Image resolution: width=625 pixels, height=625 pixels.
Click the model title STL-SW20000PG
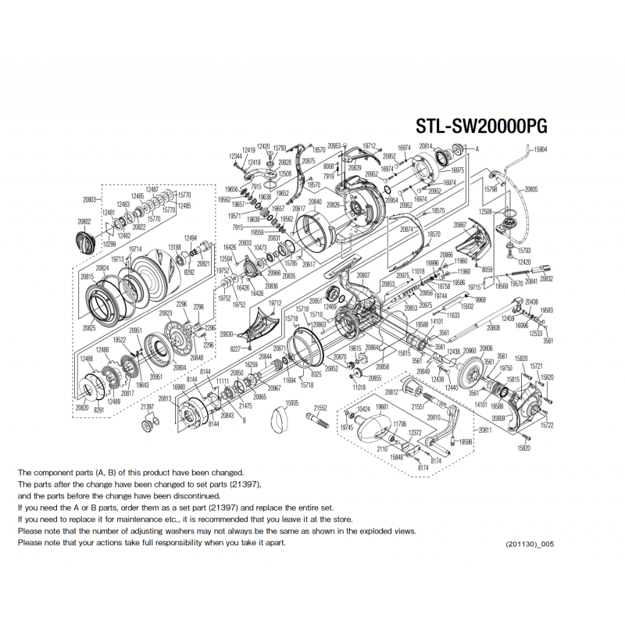(480, 127)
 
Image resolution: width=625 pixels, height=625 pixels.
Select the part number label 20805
(531, 190)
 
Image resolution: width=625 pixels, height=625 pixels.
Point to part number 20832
(546, 278)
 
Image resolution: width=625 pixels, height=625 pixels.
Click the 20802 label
(84, 222)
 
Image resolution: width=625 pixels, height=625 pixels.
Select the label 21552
(320, 407)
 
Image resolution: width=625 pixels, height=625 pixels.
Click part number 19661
(382, 407)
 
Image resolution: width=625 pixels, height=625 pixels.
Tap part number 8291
(98, 409)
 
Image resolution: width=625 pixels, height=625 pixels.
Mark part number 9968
(480, 300)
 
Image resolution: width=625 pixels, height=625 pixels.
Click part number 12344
(235, 155)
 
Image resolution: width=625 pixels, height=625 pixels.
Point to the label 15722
(546, 425)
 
